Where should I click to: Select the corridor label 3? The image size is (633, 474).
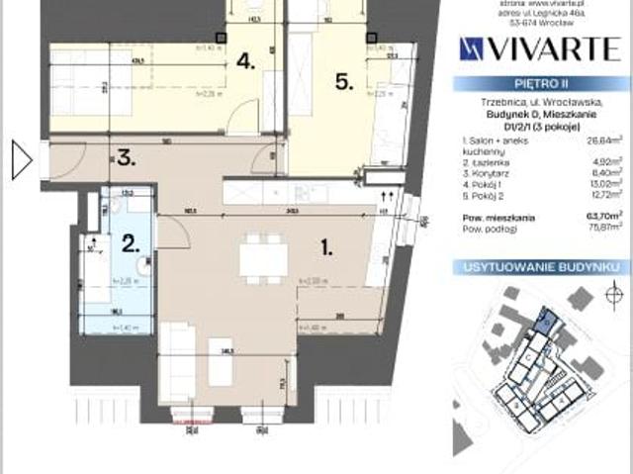tap(125, 155)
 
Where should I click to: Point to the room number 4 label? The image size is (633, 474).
tap(246, 62)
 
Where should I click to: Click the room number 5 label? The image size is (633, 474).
tap(344, 82)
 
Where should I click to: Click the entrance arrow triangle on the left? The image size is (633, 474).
tap(21, 159)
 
